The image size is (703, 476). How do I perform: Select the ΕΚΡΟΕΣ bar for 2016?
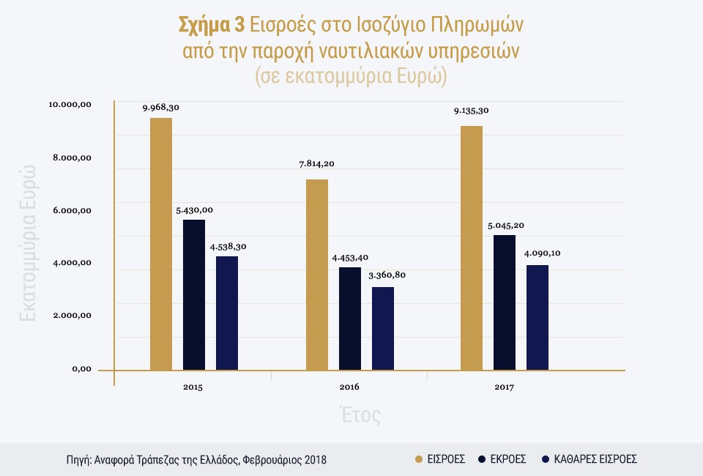[x=350, y=319]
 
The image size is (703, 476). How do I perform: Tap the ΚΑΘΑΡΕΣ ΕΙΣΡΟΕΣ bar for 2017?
[x=538, y=317]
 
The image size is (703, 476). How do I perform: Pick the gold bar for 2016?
[x=317, y=275]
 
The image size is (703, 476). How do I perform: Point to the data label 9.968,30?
[x=161, y=108]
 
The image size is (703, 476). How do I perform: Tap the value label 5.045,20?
[x=505, y=224]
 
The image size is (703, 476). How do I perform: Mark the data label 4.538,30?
[x=227, y=246]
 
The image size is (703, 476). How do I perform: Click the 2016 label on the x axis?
[x=349, y=386]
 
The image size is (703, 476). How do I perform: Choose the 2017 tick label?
[x=505, y=386]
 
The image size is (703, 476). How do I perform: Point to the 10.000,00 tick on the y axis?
[x=70, y=105]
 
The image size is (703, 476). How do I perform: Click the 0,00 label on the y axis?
[x=81, y=369]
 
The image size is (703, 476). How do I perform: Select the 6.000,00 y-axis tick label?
[x=70, y=211]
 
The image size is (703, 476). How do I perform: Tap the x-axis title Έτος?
[x=360, y=415]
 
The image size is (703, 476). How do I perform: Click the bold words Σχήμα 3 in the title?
[x=212, y=25]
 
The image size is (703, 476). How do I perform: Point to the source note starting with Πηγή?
[x=196, y=460]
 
